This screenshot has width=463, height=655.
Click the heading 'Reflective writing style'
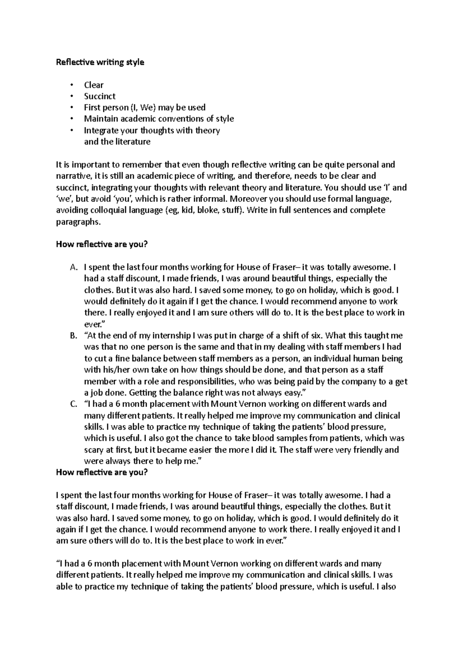(100, 62)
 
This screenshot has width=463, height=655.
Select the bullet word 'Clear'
(94, 85)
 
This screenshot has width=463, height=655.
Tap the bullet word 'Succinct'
(100, 96)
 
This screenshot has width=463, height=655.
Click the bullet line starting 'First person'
(145, 107)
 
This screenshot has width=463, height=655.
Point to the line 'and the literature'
(117, 142)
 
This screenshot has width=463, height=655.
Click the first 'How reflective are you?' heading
(102, 245)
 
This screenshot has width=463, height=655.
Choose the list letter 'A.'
(74, 267)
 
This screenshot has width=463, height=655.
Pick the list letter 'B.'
(74, 336)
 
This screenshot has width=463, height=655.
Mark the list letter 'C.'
(74, 404)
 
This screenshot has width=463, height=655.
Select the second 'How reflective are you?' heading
(102, 473)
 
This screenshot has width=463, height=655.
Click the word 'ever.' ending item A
(92, 324)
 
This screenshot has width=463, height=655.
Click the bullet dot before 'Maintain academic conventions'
(72, 119)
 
